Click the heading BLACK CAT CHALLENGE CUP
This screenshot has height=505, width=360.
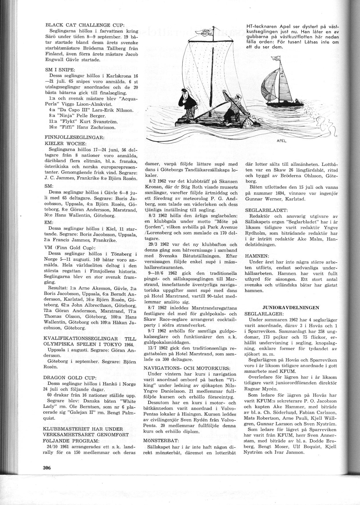pyautogui.click(x=76, y=25)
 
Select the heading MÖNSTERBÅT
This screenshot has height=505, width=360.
pyautogui.click(x=161, y=440)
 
